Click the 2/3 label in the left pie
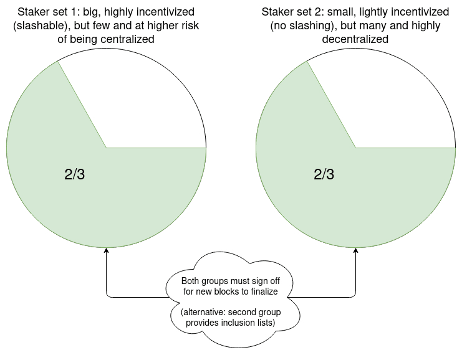[75, 174]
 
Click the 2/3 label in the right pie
[324, 174]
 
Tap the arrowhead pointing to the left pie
[107, 250]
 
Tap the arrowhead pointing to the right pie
[355, 250]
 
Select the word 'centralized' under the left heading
[127, 39]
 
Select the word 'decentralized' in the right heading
[355, 39]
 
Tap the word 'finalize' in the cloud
[264, 291]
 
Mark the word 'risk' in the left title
[191, 26]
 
